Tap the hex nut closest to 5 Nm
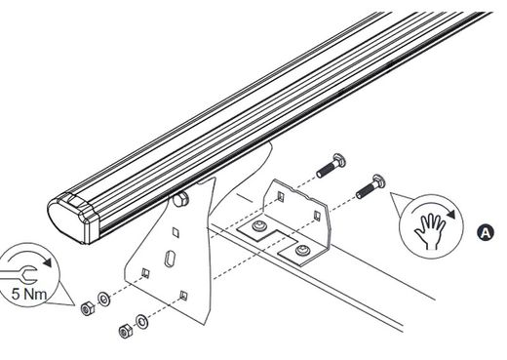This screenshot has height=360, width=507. click(86, 306)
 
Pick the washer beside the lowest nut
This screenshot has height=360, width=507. click(142, 319)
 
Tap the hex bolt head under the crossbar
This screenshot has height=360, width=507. click(182, 200)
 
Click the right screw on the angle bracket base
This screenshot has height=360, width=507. click(305, 253)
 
